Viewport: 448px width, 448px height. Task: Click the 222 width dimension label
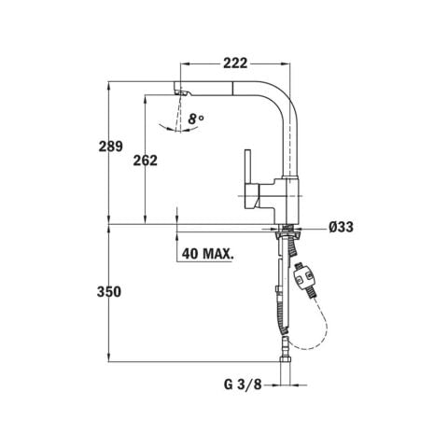[235, 63]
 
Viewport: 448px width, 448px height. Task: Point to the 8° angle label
[194, 119]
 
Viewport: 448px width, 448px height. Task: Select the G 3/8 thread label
[243, 385]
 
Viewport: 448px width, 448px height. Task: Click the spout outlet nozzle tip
[180, 92]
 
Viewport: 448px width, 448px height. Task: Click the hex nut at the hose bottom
[286, 358]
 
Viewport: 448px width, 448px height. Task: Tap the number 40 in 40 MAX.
[191, 254]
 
